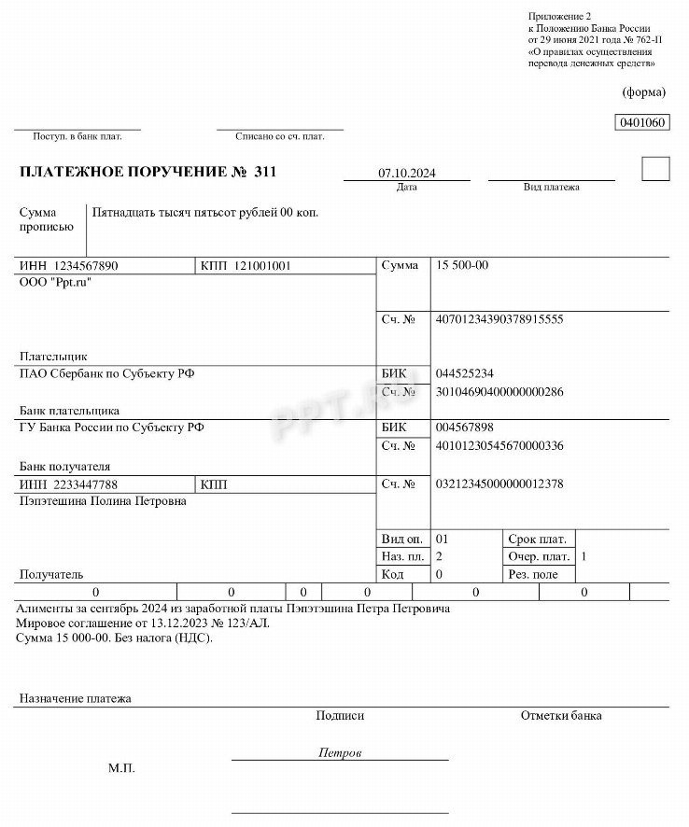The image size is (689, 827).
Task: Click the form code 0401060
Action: pos(643,122)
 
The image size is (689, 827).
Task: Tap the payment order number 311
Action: pos(265,173)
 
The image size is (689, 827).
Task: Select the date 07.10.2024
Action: pos(407,174)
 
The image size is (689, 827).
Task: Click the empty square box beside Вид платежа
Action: pos(656,169)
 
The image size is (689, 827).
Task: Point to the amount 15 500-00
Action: pos(462,266)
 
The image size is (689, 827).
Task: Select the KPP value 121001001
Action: pos(262,266)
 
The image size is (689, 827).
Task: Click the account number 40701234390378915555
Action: pos(499,319)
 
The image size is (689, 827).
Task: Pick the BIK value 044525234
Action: pos(465,373)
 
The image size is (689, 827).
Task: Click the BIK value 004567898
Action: pos(465,428)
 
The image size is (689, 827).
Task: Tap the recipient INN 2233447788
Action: pos(86,484)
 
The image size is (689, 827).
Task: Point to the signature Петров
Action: pos(340,752)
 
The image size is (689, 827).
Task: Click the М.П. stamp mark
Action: pos(121,768)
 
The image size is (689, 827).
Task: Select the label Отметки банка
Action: pos(561,716)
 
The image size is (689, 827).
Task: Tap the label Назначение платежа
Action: pos(76,698)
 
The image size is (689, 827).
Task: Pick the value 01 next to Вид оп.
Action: pos(443,539)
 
